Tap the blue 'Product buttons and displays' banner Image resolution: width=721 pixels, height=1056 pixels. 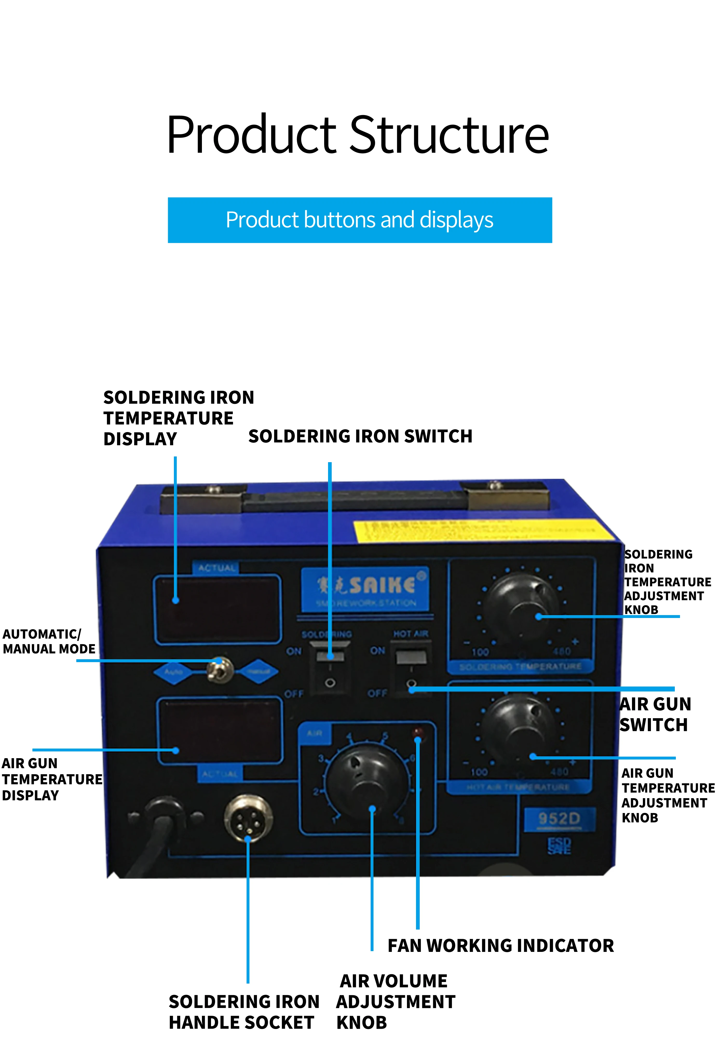[360, 220]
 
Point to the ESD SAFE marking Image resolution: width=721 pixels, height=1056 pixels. [559, 846]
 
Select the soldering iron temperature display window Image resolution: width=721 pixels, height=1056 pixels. [217, 609]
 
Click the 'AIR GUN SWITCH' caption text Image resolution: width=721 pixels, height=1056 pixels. [655, 714]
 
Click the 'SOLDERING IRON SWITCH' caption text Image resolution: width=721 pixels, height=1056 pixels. [360, 436]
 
